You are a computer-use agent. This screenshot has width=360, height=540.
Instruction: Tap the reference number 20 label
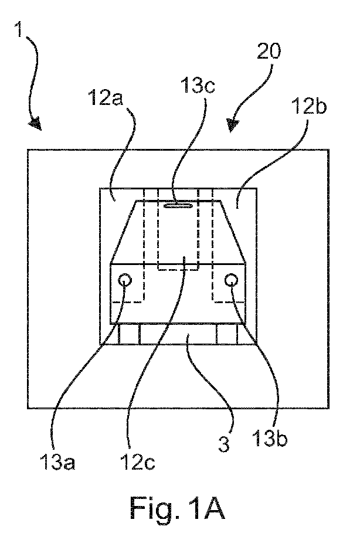click(x=269, y=52)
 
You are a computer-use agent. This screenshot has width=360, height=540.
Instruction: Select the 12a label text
click(x=106, y=97)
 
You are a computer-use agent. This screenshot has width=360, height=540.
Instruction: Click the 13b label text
click(x=269, y=439)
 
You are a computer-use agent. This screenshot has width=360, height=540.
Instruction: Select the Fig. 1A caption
click(x=178, y=508)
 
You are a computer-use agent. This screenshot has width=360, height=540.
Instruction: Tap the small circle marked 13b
click(x=230, y=280)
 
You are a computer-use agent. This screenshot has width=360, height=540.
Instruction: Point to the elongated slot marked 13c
click(x=178, y=205)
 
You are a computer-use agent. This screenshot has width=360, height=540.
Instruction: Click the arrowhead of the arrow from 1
click(x=36, y=125)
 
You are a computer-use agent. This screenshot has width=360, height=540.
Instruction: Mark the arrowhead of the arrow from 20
click(x=233, y=125)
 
